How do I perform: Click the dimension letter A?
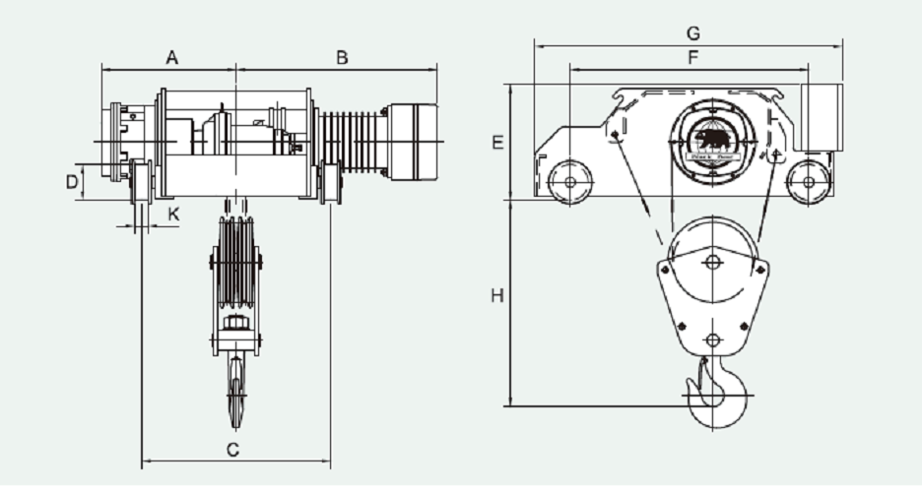[x=171, y=58]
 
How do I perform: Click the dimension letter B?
[x=342, y=58]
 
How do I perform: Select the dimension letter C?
[x=233, y=450]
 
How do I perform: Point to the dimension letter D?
[x=71, y=182]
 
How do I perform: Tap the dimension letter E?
[x=497, y=143]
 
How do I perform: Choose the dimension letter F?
[x=692, y=58]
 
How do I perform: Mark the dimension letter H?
[x=497, y=295]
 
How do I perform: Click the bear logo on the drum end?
[x=713, y=139]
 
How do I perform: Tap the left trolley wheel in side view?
[x=568, y=182]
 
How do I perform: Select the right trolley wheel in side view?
[x=808, y=182]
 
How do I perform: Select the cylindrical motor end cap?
[x=413, y=142]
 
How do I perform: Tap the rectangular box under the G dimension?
[x=820, y=118]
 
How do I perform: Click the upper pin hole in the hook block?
[x=714, y=262]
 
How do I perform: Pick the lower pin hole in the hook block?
[x=714, y=340]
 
